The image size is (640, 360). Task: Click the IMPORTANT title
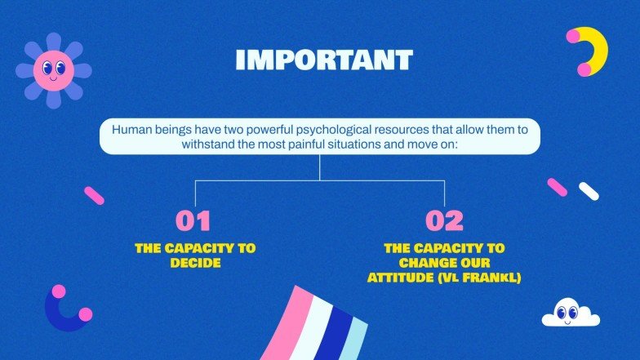point(323,60)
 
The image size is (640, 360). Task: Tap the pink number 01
point(193,221)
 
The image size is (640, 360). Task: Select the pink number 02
point(444,221)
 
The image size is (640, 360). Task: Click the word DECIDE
point(195,263)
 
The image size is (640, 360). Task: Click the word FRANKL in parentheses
point(489,278)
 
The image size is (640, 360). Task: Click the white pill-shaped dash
point(589,192)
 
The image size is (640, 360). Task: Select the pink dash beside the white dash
point(558,187)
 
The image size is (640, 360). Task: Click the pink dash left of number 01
point(95,195)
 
